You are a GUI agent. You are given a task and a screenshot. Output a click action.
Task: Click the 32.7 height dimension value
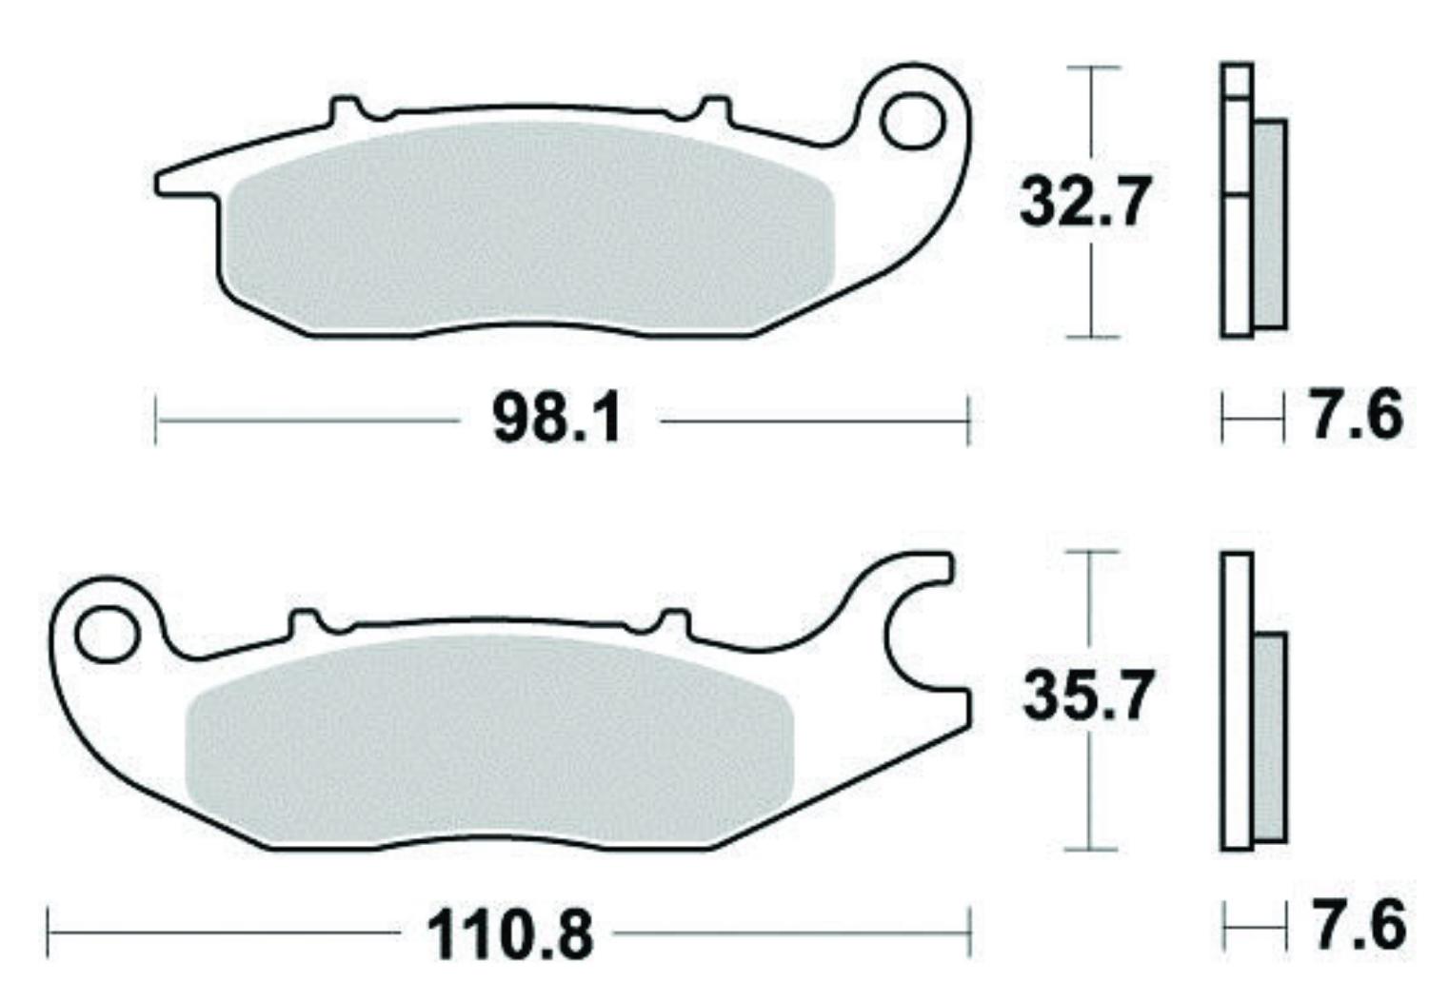tap(1083, 203)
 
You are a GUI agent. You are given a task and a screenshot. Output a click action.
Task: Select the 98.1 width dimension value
tap(557, 420)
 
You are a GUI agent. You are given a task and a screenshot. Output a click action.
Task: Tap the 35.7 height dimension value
tap(1086, 696)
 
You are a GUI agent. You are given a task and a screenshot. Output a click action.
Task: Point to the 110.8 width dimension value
tap(510, 933)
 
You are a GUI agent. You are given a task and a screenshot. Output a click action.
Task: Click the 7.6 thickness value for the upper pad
tap(1356, 416)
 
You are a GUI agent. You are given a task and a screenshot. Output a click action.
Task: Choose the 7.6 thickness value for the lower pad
tap(1358, 925)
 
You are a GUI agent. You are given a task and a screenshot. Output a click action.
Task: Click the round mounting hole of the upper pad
tap(910, 121)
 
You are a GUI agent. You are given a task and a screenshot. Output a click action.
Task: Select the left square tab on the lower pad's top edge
tap(304, 622)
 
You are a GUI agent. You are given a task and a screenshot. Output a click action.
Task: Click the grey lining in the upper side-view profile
tap(1270, 224)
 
